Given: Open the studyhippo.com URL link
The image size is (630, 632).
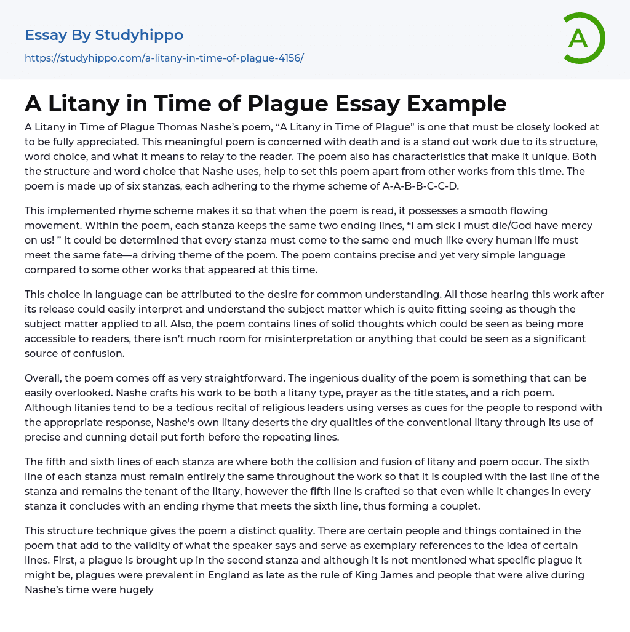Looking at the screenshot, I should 164,58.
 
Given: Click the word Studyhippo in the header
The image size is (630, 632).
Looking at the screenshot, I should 139,35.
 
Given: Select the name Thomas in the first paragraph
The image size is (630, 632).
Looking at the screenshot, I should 164,127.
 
